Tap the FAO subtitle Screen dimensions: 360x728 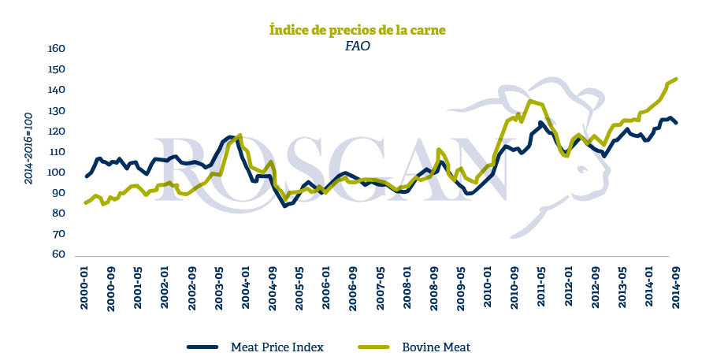point(357,46)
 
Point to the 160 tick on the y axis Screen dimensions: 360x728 point(55,49)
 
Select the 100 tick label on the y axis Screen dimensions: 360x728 point(55,173)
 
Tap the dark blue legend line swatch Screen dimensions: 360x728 point(204,347)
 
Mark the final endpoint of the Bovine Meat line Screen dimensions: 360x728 point(677,79)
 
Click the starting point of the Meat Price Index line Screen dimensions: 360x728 point(86,176)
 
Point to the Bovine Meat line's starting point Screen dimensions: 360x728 point(85,202)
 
